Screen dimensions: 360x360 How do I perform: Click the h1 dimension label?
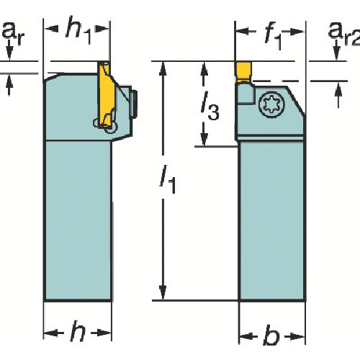[78, 30]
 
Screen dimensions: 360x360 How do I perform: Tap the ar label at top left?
[14, 34]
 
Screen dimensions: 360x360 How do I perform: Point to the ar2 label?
[344, 34]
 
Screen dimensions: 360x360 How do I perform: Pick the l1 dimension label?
[168, 180]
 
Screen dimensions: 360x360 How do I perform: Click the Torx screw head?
[271, 105]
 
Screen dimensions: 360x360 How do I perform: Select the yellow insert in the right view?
[243, 71]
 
